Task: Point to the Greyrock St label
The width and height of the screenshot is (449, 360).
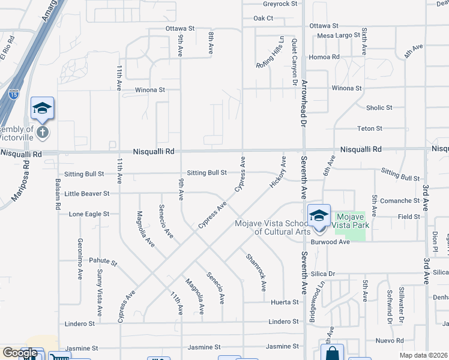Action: coord(280,4)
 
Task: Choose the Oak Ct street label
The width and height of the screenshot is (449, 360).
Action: coord(263,18)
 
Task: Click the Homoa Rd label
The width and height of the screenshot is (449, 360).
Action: coord(324,57)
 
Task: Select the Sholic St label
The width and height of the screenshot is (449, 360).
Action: coord(379,108)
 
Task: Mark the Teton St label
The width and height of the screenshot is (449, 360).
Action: coord(370,128)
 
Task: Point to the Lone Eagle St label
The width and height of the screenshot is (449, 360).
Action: coord(89,214)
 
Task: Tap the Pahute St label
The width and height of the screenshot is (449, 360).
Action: coord(103,262)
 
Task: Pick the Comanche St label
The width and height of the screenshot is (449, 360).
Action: coord(399,201)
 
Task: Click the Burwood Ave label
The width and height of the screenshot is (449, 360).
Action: coord(330,242)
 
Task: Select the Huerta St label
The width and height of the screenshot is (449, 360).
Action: coord(285,302)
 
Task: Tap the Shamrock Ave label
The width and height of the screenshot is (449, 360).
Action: coord(256,272)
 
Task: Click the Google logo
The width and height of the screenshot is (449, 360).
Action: coord(20,353)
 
